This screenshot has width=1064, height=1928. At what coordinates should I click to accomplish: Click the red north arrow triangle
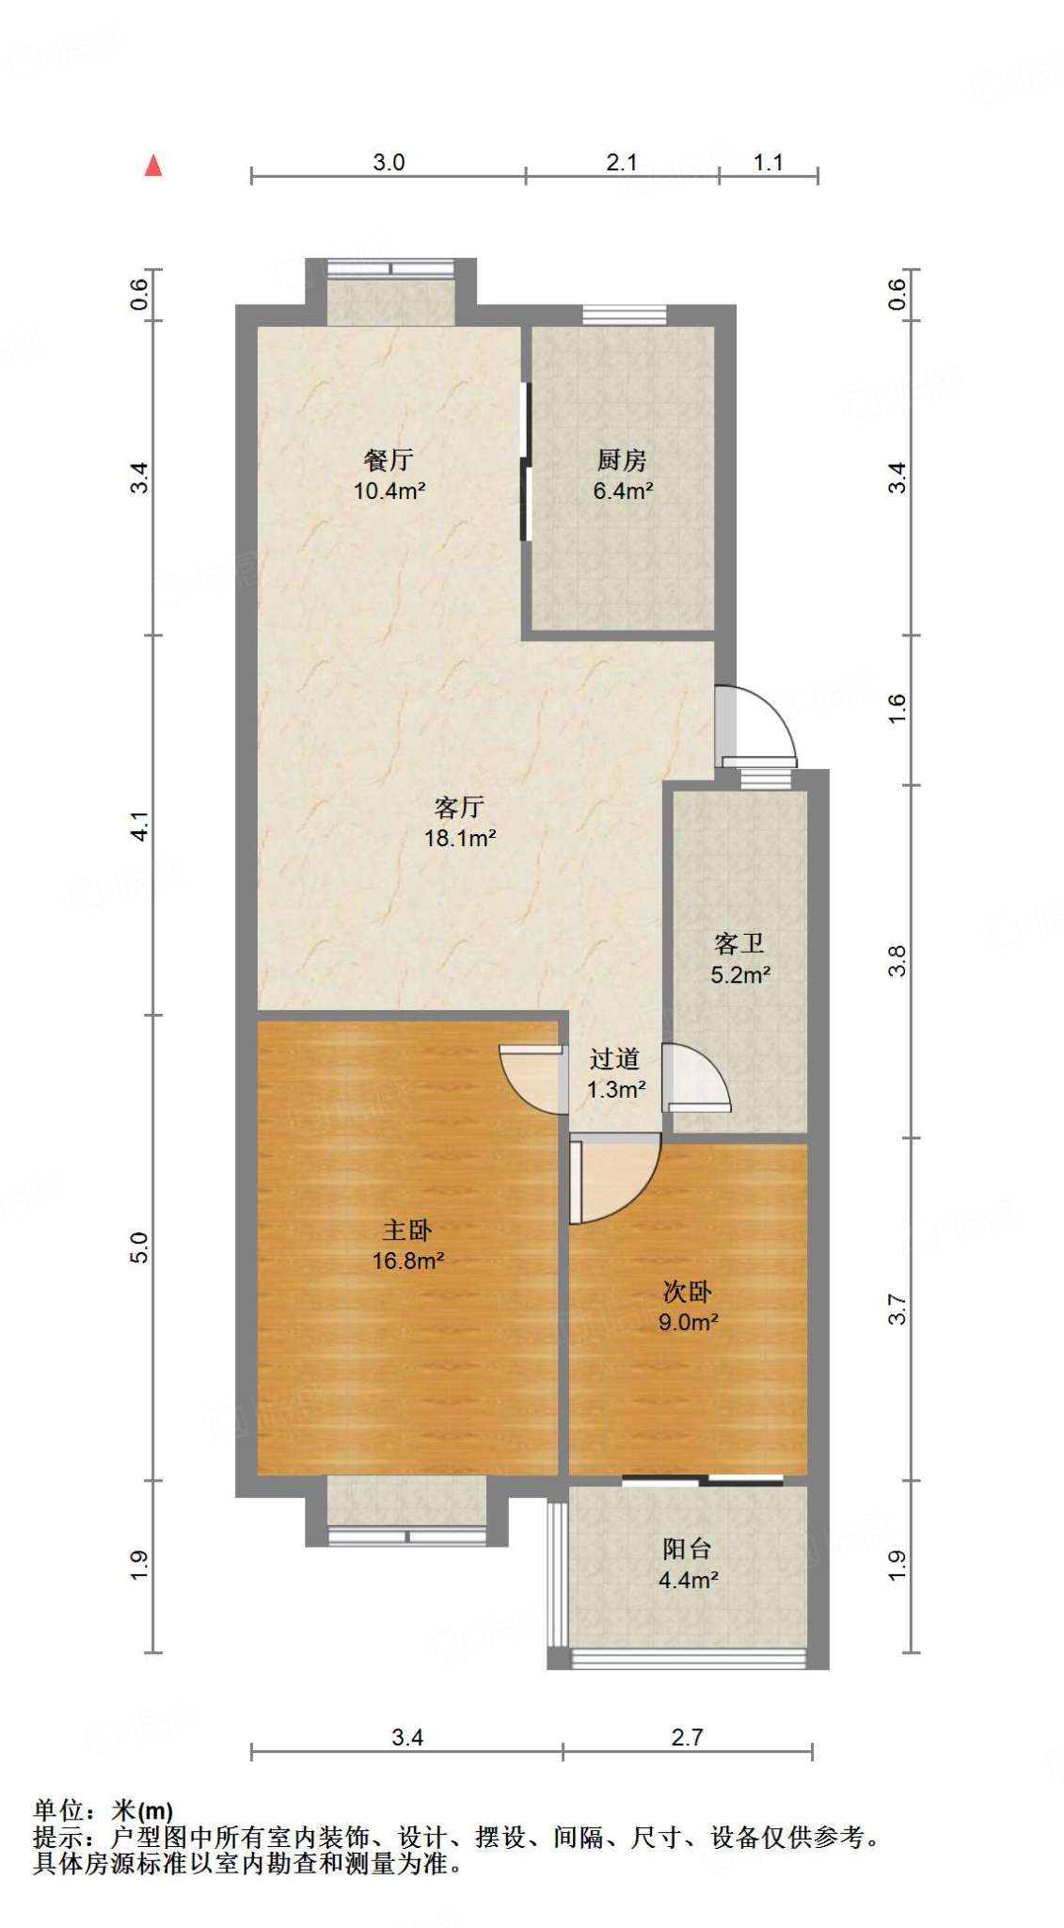[x=153, y=166]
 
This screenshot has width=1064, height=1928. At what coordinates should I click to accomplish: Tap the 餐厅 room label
[x=389, y=460]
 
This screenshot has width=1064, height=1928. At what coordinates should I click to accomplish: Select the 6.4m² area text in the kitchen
[x=623, y=490]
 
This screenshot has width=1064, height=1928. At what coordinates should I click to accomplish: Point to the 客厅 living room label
[x=460, y=807]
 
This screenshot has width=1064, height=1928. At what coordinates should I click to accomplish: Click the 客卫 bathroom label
[x=739, y=943]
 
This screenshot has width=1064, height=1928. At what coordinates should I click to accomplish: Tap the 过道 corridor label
[x=615, y=1059]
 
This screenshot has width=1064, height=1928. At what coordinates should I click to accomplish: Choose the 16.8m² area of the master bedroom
[x=408, y=1261]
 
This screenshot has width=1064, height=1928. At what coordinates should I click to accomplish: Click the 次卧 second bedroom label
[x=688, y=1292]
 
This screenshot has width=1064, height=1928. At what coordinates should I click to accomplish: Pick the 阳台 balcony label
[x=688, y=1549]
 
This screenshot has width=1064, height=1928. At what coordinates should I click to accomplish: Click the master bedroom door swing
[x=530, y=1078]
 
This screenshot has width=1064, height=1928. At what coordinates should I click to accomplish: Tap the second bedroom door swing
[x=613, y=1179]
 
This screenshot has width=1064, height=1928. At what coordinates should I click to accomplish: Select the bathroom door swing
[x=696, y=1078]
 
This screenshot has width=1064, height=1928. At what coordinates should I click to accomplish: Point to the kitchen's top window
[x=624, y=314]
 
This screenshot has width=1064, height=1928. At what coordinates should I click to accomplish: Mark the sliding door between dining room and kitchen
[x=526, y=461]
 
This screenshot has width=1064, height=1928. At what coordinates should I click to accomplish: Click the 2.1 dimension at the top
[x=622, y=162]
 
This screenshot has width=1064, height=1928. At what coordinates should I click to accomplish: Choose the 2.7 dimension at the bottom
[x=687, y=1737]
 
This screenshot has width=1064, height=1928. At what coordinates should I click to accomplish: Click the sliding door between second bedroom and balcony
[x=702, y=1480]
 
